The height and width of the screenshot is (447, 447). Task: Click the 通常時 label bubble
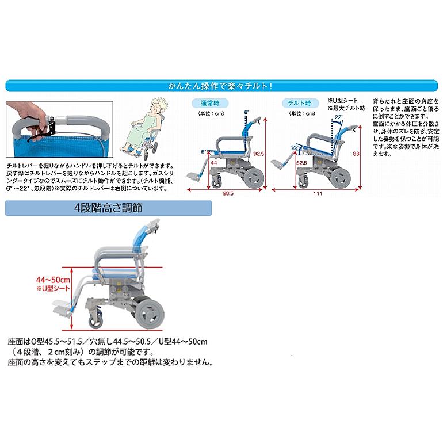tap(209, 103)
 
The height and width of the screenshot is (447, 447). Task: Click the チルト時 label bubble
tap(300, 103)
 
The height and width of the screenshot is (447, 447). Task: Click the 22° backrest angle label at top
tap(339, 117)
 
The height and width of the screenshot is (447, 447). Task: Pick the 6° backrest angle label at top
tap(246, 112)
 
